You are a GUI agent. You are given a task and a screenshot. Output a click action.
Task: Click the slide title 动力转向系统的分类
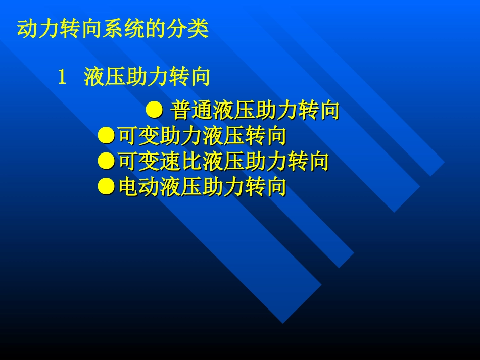(x=113, y=29)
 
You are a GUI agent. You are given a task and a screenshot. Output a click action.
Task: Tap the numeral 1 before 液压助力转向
(x=62, y=78)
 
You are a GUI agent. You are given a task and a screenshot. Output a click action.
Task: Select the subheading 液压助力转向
(x=147, y=78)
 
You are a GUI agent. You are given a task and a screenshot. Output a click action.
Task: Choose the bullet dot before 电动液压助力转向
(x=107, y=187)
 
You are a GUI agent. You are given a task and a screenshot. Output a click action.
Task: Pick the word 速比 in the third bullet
(x=181, y=162)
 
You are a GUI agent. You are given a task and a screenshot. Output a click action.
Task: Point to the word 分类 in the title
(x=187, y=29)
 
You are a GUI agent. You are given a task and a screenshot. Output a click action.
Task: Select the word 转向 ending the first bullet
(x=318, y=110)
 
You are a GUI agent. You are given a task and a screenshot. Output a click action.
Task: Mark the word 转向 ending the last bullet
(x=266, y=187)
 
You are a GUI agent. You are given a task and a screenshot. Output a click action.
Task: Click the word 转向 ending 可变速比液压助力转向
(x=308, y=162)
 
